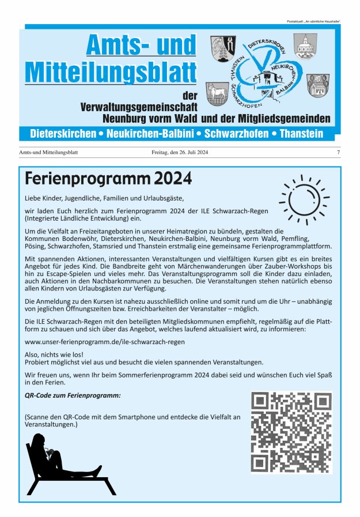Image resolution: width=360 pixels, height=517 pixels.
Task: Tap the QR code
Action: [x=291, y=432]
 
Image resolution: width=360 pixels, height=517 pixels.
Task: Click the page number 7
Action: [x=338, y=153]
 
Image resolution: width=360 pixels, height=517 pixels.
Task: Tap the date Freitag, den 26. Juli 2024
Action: [x=180, y=153]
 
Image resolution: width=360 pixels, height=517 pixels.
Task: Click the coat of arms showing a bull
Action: [x=218, y=94]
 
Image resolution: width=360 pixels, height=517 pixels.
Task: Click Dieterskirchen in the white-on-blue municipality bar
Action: [x=64, y=134]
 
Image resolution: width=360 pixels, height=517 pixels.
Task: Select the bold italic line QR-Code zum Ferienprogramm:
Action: [x=73, y=396]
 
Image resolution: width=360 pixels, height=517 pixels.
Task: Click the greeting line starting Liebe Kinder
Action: [x=103, y=198]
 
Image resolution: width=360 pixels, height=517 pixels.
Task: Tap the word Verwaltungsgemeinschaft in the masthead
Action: [x=139, y=107]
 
